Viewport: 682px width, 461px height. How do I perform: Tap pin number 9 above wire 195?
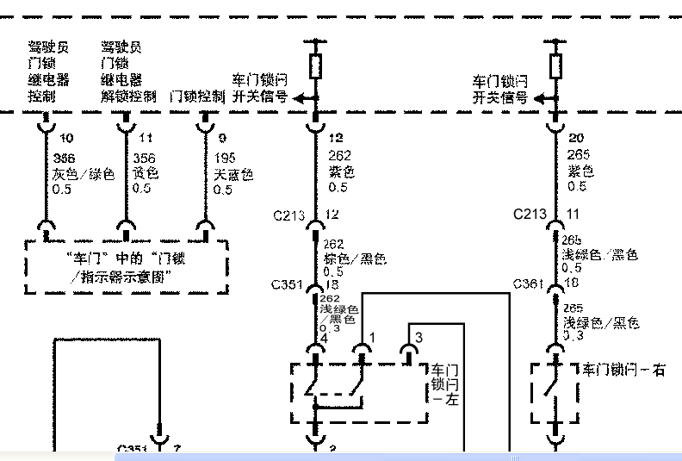tap(222, 138)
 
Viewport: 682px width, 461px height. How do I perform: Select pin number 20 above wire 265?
tap(576, 138)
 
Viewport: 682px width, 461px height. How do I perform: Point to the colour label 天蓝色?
tap(233, 174)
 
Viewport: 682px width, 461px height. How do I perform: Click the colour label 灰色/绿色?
tap(84, 174)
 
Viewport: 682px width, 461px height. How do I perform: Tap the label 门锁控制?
tap(198, 97)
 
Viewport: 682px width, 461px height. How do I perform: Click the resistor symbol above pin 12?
tap(315, 65)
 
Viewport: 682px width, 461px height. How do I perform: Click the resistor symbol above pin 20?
tap(555, 65)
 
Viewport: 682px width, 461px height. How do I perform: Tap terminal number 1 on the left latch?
tap(372, 336)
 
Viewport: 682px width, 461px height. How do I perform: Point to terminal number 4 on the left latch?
tap(324, 339)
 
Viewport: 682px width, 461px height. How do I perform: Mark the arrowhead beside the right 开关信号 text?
tap(539, 98)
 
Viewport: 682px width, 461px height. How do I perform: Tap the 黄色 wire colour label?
tap(146, 174)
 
